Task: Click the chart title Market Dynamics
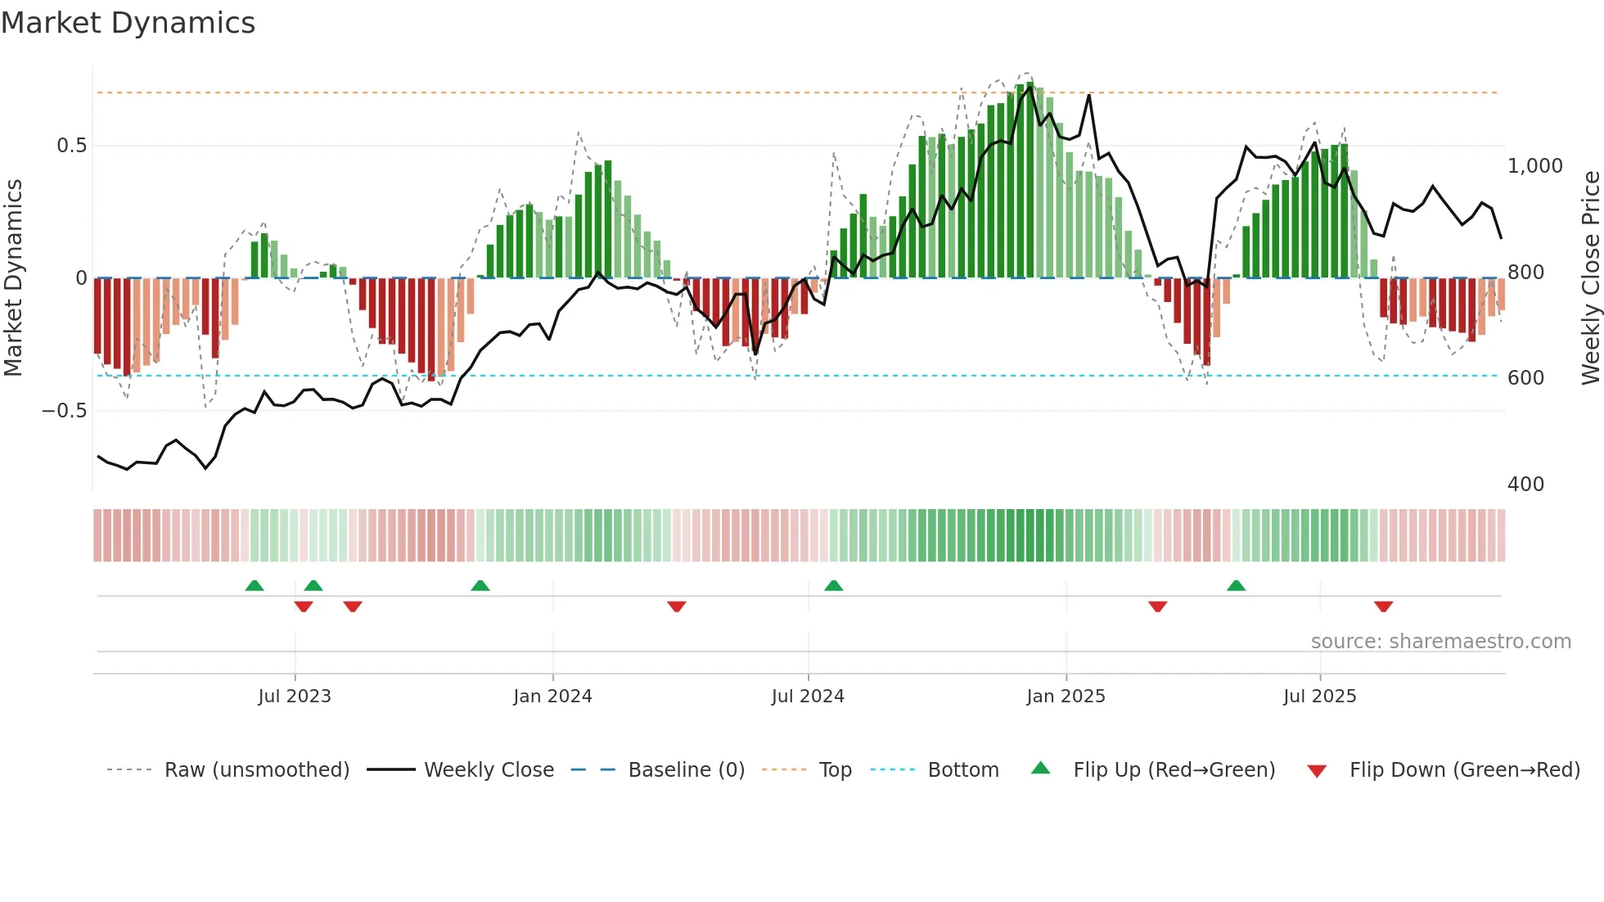click(x=128, y=23)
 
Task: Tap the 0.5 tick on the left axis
click(x=71, y=146)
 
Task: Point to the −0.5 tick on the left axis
click(x=65, y=411)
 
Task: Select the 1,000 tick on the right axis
click(x=1534, y=166)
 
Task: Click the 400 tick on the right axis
click(x=1525, y=485)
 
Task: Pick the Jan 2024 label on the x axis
click(x=552, y=697)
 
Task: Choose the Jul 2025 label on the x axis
click(x=1319, y=697)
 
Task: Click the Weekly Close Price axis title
click(x=1590, y=277)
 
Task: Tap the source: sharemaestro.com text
click(x=1440, y=642)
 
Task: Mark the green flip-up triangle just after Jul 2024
click(x=833, y=586)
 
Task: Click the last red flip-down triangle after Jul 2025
click(x=1383, y=607)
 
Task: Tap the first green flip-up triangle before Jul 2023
click(x=255, y=586)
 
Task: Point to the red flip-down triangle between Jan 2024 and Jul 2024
click(x=676, y=607)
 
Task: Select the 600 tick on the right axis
click(x=1525, y=378)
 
